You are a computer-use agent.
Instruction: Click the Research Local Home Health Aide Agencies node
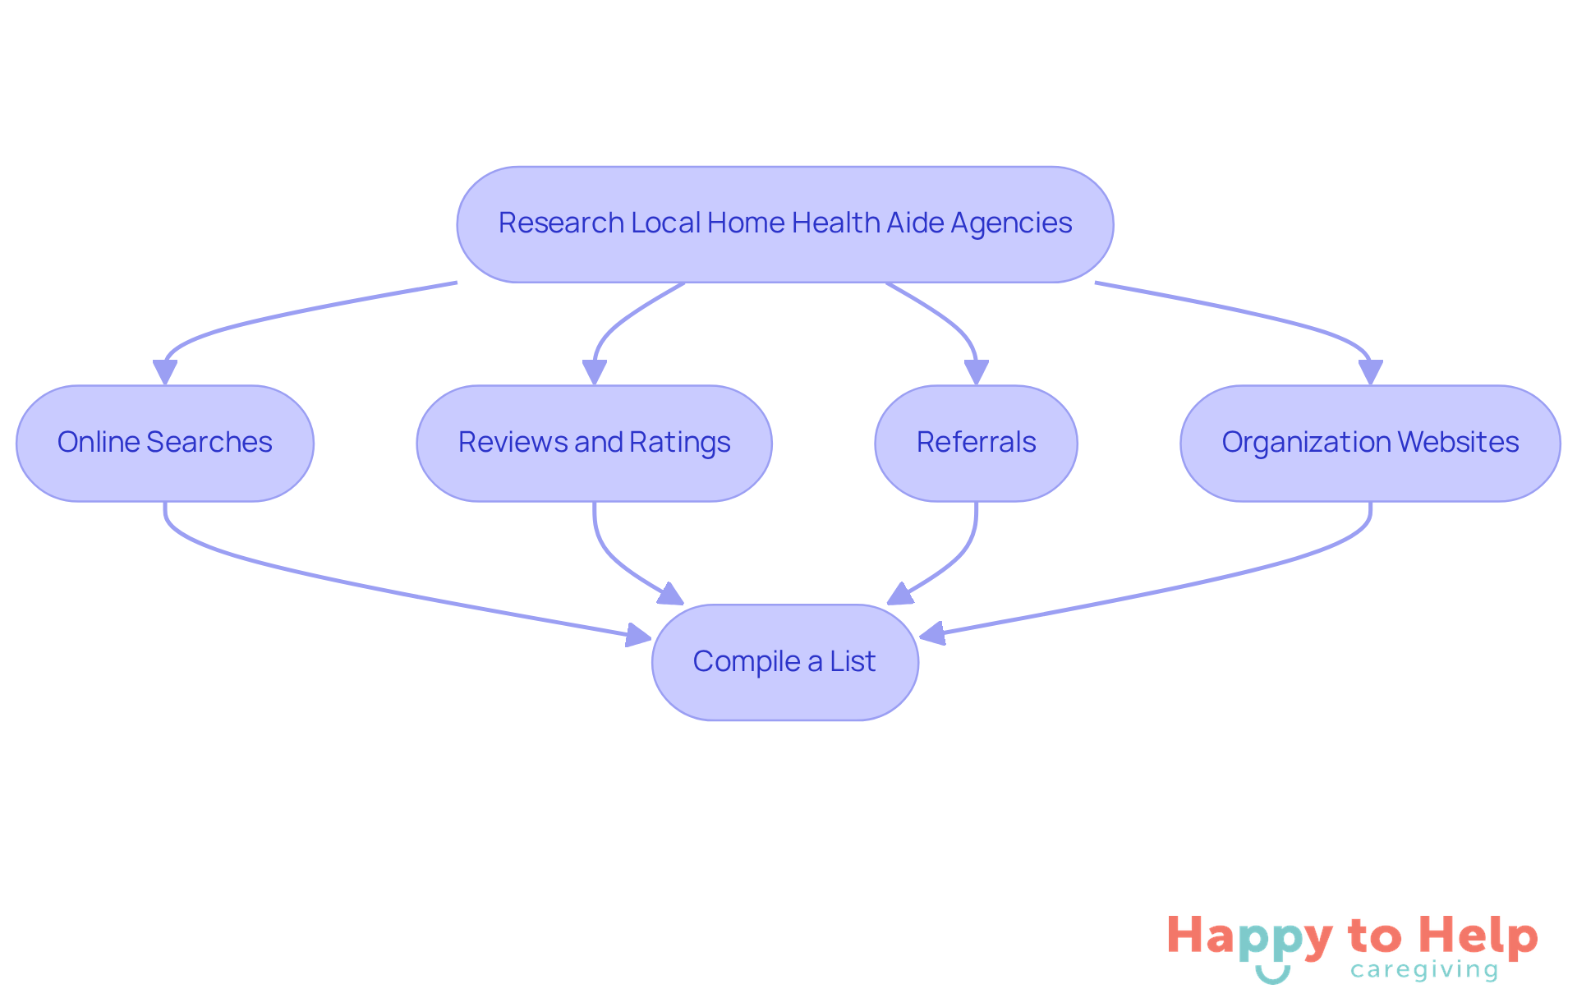click(784, 224)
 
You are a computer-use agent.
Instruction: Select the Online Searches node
click(165, 443)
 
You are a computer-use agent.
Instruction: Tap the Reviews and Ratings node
click(594, 443)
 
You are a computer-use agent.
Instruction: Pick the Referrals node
click(976, 443)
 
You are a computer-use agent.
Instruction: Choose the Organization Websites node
click(1370, 443)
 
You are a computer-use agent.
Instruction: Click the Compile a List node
click(784, 662)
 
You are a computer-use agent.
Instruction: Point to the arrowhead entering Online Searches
click(165, 372)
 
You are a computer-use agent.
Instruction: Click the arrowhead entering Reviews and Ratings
click(594, 372)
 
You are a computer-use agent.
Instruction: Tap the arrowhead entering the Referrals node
click(976, 372)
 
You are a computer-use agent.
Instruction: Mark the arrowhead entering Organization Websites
click(1370, 372)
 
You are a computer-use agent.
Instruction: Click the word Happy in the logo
click(1248, 936)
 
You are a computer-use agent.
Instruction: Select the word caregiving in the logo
click(1424, 970)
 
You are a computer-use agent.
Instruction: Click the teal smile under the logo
click(1272, 975)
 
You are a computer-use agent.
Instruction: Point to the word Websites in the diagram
click(1458, 443)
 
